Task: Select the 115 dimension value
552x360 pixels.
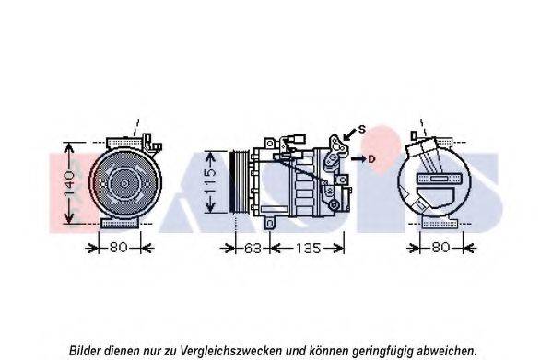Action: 210,182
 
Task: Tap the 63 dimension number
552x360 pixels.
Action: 253,249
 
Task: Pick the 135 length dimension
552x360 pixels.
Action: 308,249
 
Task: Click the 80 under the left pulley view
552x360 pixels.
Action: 118,248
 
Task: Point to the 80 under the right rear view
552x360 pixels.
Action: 440,248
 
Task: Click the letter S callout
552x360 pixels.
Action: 362,130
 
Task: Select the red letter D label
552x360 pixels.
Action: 371,159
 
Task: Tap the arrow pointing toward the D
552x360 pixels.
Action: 358,159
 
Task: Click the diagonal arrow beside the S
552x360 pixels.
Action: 350,134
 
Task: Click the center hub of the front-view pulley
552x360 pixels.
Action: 124,183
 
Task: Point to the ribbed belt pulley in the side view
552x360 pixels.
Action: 239,181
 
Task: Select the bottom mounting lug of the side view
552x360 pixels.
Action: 269,224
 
